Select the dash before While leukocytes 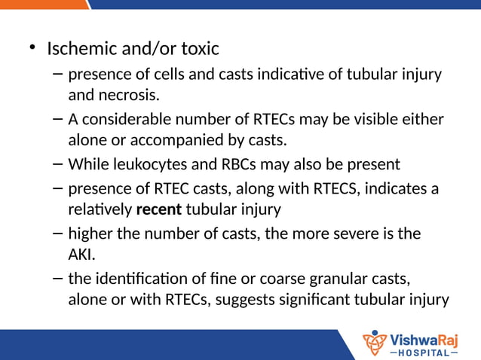pyautogui.click(x=58, y=163)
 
